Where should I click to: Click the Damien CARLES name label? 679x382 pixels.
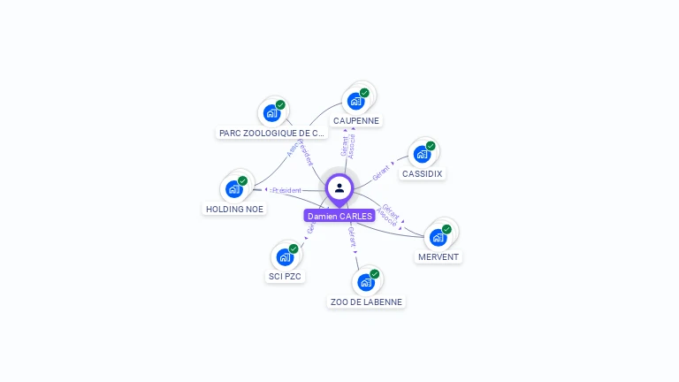click(339, 216)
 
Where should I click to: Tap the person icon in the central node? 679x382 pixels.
click(339, 187)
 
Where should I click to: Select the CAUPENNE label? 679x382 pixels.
click(356, 120)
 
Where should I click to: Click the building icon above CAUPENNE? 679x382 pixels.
click(355, 101)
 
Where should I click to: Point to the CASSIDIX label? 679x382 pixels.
click(422, 173)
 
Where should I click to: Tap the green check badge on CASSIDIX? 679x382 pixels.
click(431, 146)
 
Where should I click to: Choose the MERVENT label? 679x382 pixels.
click(439, 256)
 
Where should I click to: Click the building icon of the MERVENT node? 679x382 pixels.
click(438, 237)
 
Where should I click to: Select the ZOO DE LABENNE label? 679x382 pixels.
click(366, 302)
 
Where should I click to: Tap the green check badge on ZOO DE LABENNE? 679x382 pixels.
click(375, 274)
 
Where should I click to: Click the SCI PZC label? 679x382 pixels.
click(285, 276)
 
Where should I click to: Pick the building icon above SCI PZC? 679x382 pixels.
click(284, 256)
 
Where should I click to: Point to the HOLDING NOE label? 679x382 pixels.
click(234, 209)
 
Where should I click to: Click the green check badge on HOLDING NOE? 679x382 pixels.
click(242, 180)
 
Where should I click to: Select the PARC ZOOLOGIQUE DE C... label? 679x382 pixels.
click(271, 133)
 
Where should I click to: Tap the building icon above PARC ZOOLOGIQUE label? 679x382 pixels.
click(271, 113)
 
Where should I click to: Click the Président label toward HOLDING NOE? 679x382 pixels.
click(286, 190)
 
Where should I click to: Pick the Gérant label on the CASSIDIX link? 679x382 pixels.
click(382, 172)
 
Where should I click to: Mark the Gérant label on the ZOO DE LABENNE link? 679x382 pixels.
click(352, 235)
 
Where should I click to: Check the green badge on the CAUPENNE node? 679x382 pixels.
click(364, 93)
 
